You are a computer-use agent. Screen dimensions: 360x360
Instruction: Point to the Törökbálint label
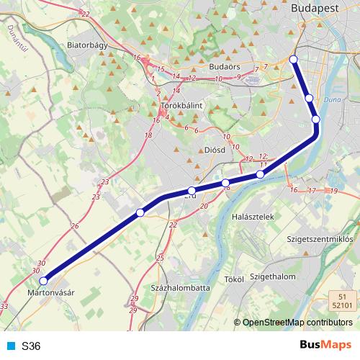click(181, 105)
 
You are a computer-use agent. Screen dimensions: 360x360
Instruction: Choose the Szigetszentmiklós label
click(319, 238)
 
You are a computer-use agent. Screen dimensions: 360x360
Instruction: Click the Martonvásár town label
click(51, 293)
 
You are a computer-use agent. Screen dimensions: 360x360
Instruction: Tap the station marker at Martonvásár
click(43, 281)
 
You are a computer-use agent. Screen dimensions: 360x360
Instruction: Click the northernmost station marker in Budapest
click(293, 59)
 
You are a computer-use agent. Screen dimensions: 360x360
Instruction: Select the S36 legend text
click(31, 346)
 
